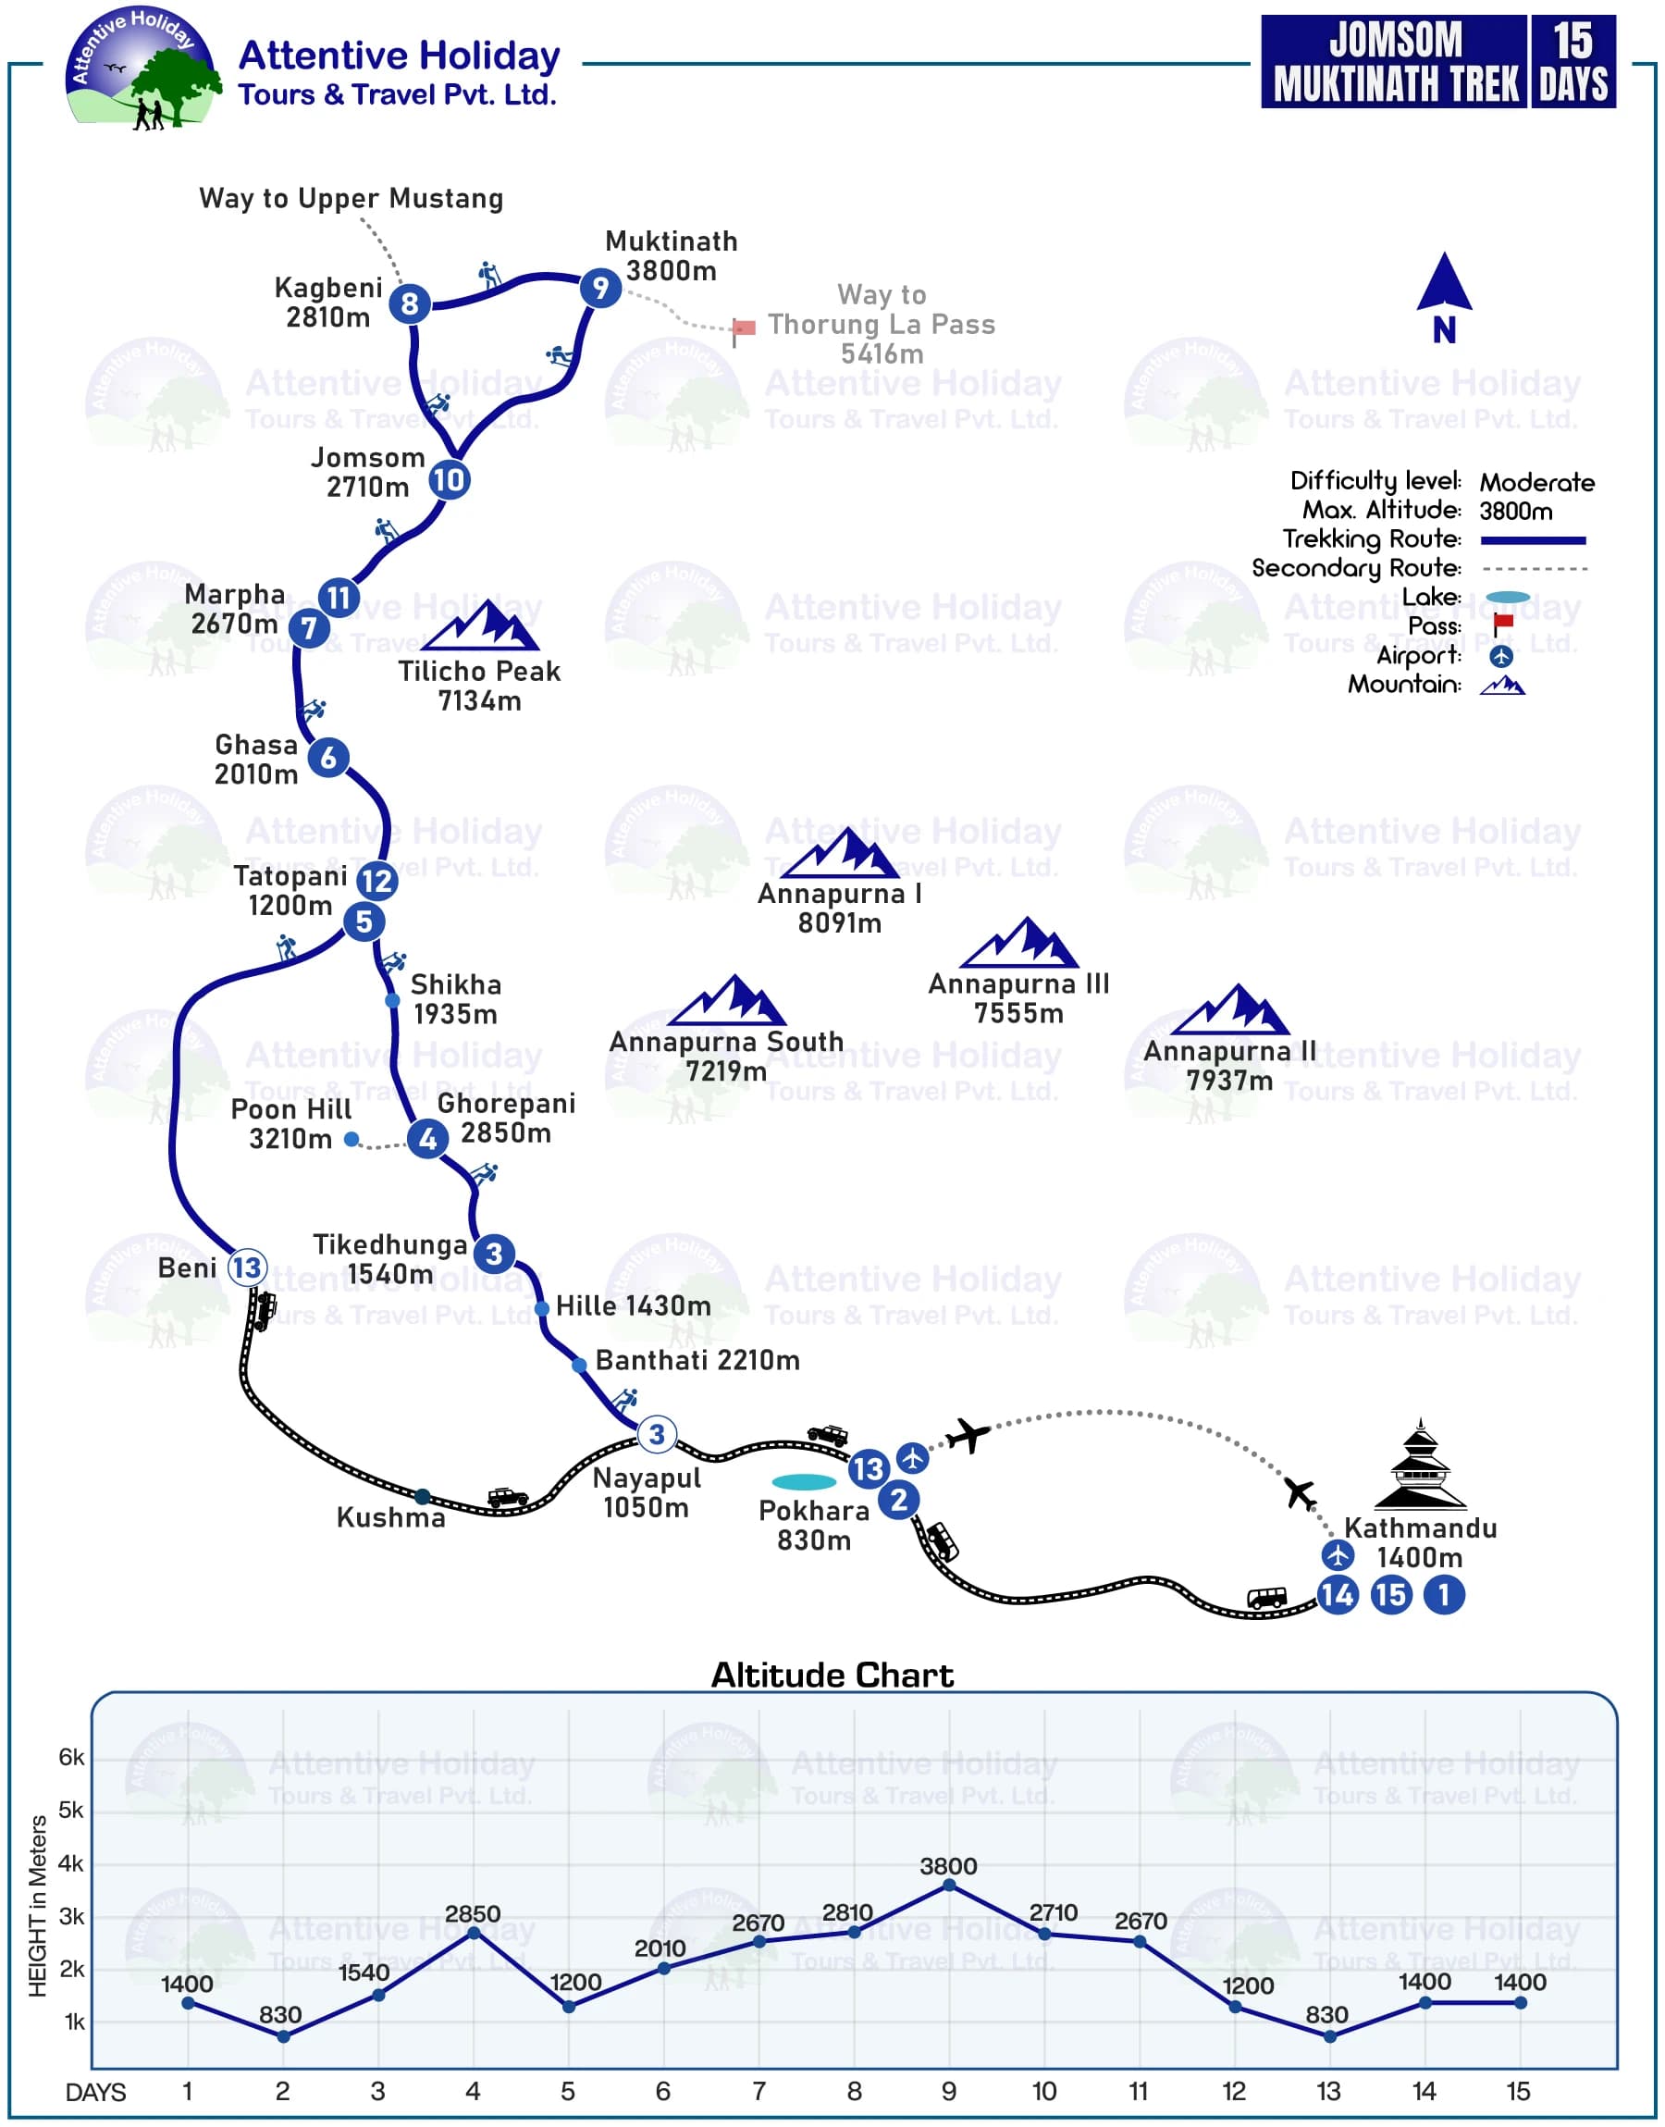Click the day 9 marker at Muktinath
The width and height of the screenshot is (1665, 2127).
[x=600, y=288]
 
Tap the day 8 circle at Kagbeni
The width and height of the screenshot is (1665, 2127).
[x=410, y=303]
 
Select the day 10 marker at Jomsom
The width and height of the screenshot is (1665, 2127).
[x=450, y=479]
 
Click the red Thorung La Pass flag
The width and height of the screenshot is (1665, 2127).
[x=744, y=329]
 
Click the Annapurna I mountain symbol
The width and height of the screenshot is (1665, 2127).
[x=839, y=854]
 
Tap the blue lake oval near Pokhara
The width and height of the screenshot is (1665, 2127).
[x=804, y=1482]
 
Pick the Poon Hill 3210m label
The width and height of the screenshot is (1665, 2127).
[x=290, y=1124]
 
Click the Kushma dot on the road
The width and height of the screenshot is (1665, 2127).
[x=422, y=1496]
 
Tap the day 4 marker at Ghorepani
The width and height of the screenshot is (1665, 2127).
[x=428, y=1138]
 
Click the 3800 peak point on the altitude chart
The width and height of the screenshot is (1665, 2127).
[x=949, y=1886]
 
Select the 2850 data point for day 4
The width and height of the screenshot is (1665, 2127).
[x=474, y=1932]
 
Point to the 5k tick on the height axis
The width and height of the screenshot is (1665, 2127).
[x=72, y=1811]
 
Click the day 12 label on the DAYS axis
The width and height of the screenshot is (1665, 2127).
[x=1234, y=2091]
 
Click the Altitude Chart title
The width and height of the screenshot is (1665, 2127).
[x=832, y=1675]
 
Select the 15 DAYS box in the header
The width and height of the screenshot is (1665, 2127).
[x=1572, y=61]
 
